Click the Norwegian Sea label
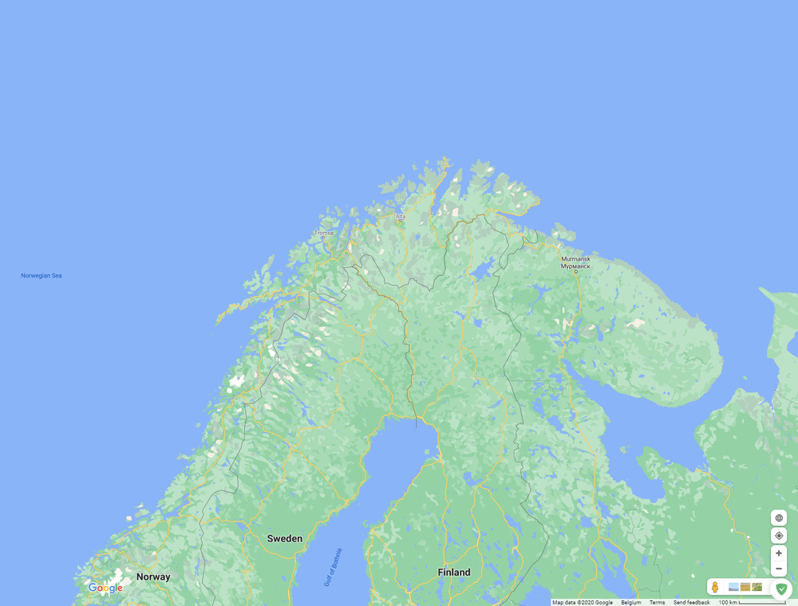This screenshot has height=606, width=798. click(x=41, y=276)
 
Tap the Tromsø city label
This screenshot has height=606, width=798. click(x=323, y=233)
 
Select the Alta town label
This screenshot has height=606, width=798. click(x=400, y=216)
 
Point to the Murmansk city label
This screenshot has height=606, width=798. click(x=575, y=262)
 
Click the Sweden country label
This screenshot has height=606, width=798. click(x=285, y=538)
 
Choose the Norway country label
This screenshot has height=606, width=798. click(x=153, y=576)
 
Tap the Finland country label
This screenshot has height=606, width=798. click(x=454, y=572)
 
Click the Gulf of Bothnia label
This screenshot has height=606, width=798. click(x=334, y=567)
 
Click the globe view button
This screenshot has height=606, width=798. click(x=779, y=518)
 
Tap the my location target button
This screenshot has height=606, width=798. click(x=779, y=536)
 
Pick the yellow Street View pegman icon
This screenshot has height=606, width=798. click(x=715, y=588)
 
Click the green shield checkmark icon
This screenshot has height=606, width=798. click(x=781, y=589)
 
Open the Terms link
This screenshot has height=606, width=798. click(x=657, y=603)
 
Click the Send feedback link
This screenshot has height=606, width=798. click(x=691, y=603)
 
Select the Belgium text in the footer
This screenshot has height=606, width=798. click(x=630, y=603)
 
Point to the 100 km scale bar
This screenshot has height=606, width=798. click(x=752, y=603)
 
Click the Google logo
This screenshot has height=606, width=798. click(x=105, y=588)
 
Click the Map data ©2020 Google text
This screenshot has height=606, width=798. click(x=583, y=603)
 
